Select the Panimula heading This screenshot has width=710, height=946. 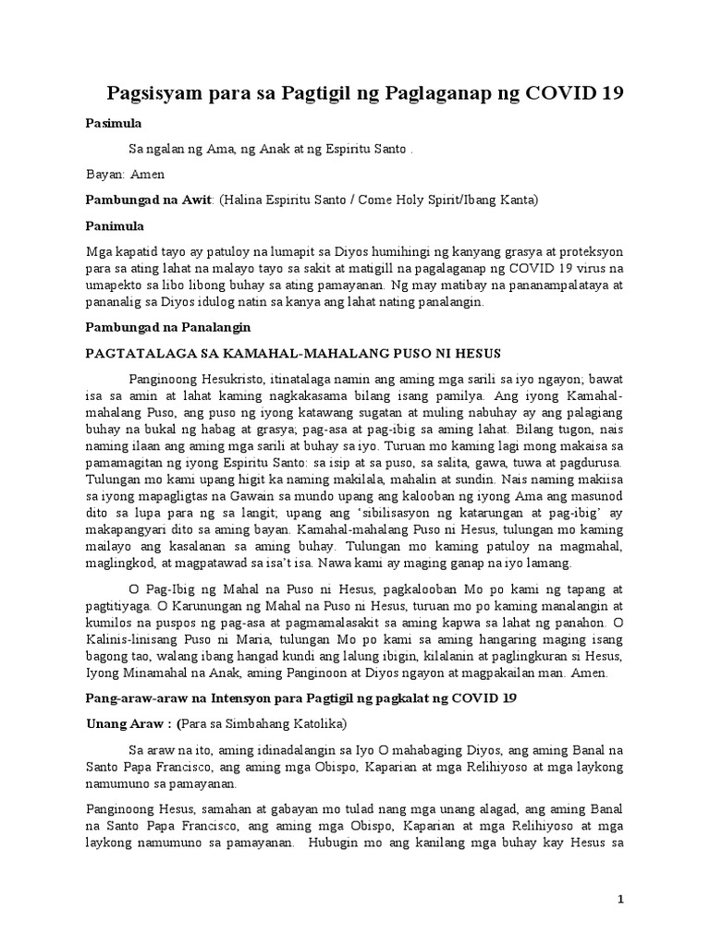pyautogui.click(x=116, y=225)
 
